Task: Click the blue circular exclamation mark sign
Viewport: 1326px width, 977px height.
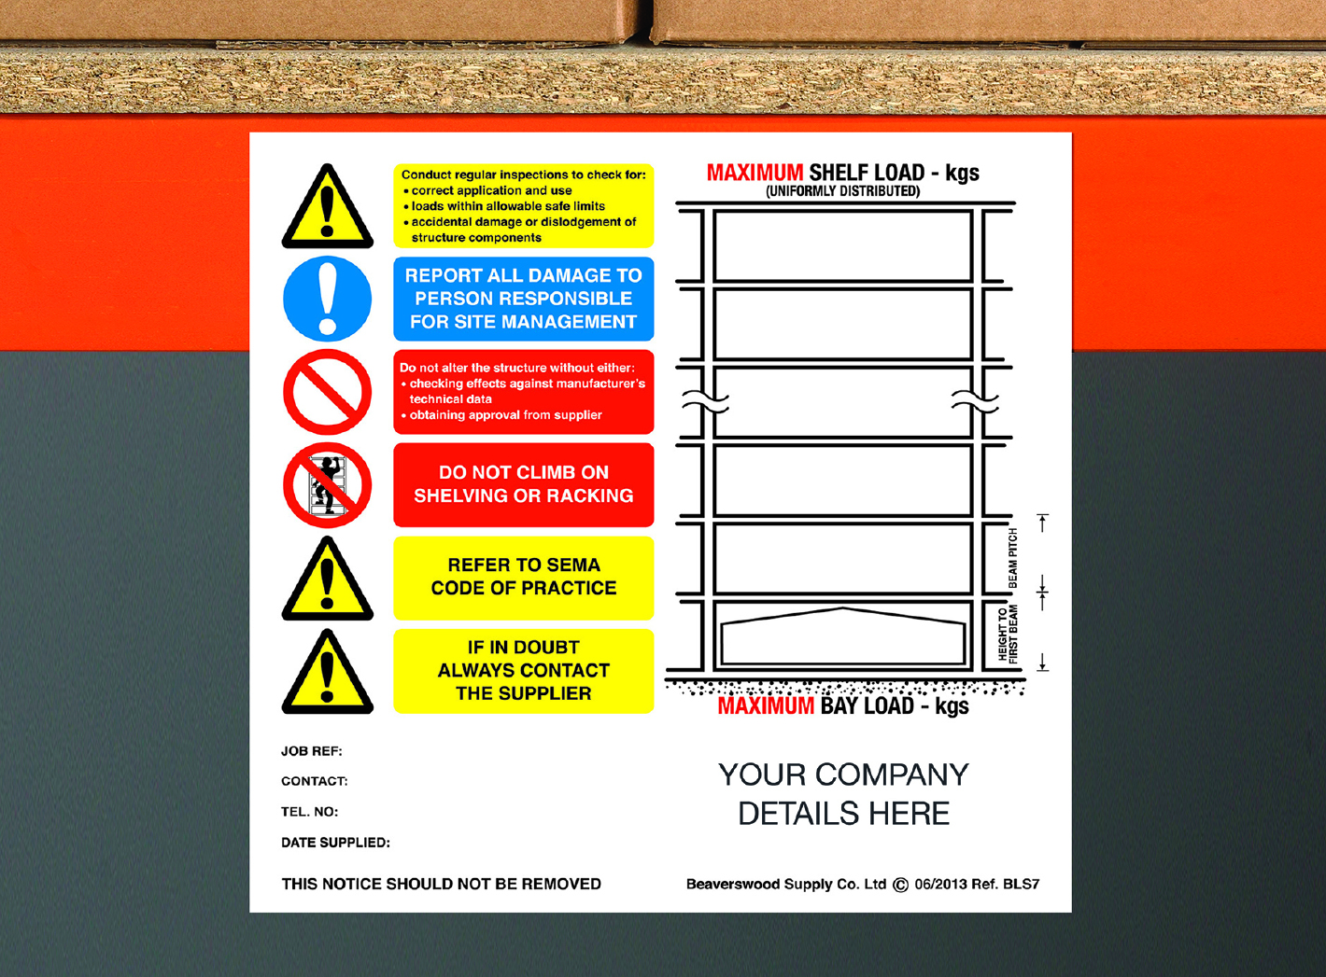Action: [327, 299]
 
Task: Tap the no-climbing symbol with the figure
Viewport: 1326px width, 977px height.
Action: [327, 485]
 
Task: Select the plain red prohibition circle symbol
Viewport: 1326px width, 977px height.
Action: [327, 392]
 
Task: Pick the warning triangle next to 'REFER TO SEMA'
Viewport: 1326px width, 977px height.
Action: [327, 581]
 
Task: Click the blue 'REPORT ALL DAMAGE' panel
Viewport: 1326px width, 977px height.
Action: [523, 299]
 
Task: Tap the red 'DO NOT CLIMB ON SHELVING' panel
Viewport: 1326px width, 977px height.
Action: [523, 484]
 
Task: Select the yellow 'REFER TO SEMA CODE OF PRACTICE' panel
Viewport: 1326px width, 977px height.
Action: [523, 577]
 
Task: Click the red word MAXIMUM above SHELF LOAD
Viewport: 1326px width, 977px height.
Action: [755, 173]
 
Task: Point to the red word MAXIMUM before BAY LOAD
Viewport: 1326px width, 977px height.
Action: [766, 706]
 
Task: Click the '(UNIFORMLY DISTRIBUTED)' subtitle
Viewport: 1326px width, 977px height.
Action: [842, 191]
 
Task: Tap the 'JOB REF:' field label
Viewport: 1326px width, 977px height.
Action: [312, 751]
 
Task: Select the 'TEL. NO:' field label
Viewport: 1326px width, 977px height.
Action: [310, 812]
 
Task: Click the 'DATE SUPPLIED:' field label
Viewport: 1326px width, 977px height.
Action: [335, 843]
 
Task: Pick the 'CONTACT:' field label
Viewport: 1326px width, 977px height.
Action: [315, 781]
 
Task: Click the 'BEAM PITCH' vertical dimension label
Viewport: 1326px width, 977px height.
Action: [1013, 558]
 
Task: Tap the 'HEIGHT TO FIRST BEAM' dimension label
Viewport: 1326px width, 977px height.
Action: [1008, 635]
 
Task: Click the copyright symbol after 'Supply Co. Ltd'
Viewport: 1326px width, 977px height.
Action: [900, 885]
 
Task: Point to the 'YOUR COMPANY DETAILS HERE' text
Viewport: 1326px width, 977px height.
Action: [843, 794]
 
